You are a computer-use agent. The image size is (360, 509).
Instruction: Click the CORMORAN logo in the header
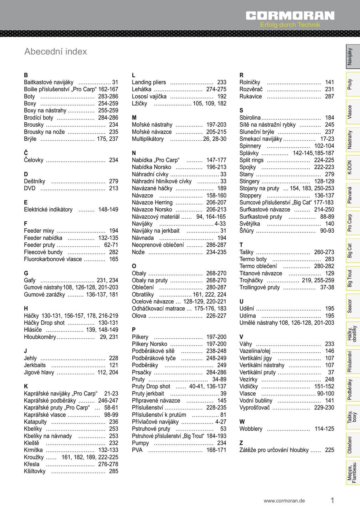290,16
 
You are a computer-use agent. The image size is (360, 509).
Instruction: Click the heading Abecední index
56,52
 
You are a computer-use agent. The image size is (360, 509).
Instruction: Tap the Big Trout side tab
350,278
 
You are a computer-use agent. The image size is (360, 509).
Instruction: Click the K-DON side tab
350,168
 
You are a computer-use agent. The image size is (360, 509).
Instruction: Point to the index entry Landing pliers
149,82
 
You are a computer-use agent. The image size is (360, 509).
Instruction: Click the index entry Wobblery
251,429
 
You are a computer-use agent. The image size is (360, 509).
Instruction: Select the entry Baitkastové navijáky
49,82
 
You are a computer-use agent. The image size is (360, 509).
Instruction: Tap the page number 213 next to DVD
114,188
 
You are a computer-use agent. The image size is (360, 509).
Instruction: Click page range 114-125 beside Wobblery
324,429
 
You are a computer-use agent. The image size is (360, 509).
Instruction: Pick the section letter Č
26,153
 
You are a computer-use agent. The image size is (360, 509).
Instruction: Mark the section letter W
242,421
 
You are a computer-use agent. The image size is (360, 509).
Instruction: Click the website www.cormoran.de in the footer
284,501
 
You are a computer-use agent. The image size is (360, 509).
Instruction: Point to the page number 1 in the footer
332,500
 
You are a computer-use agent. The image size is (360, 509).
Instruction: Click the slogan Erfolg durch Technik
290,25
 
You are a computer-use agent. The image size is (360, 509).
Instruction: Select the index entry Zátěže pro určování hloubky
274,450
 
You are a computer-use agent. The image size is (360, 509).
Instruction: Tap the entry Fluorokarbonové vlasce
53,259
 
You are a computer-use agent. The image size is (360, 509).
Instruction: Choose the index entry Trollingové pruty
260,287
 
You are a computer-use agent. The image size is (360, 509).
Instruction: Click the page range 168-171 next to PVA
216,450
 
